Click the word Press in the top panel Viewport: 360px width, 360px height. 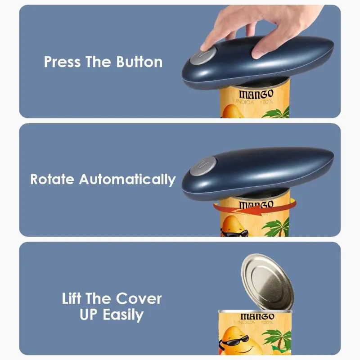(x=62, y=62)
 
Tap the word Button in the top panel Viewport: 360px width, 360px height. (x=139, y=62)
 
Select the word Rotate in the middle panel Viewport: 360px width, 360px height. (x=52, y=179)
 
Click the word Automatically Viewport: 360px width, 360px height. (x=127, y=180)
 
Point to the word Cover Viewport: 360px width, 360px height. (x=139, y=298)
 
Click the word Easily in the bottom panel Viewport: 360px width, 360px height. (x=123, y=315)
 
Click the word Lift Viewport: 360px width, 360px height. (x=72, y=298)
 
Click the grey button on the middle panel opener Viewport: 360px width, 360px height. (x=203, y=166)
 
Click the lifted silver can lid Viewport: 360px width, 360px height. (x=267, y=282)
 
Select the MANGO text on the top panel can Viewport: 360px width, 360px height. (x=256, y=94)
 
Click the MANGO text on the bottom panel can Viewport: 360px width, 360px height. (x=257, y=316)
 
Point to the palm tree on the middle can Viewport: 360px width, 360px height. (x=276, y=227)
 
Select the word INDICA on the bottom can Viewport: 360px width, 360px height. (x=246, y=323)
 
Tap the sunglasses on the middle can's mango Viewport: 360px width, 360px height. (x=234, y=234)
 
